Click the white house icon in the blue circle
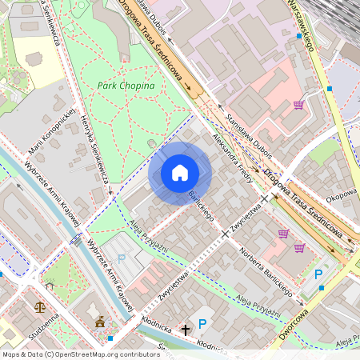(180, 173)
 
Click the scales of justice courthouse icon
(40, 306)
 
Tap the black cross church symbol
(186, 329)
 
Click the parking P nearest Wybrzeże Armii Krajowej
(122, 258)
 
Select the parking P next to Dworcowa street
(319, 274)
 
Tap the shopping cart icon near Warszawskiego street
(299, 105)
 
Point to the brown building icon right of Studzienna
(99, 322)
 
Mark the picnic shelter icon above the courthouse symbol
(50, 284)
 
